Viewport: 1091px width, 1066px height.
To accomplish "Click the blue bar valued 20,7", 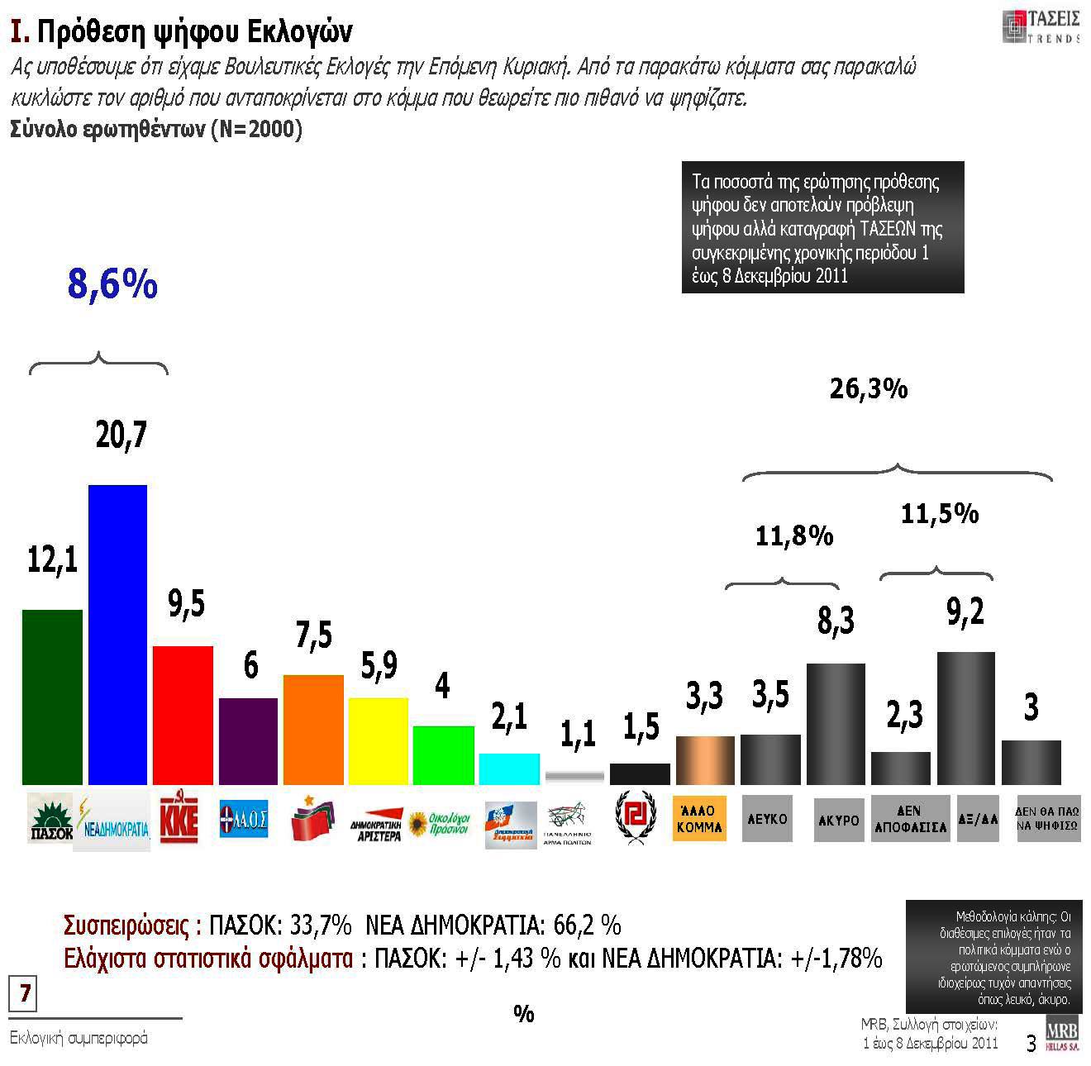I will point(117,635).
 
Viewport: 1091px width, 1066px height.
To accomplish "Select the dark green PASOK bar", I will point(52,697).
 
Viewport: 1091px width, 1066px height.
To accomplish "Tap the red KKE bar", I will point(183,715).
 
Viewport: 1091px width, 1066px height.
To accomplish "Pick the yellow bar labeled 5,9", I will point(378,741).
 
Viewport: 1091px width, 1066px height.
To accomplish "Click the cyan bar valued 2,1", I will point(509,769).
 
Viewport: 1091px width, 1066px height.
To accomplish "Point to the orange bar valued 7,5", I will point(313,730).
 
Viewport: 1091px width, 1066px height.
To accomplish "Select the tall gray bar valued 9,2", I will point(965,718).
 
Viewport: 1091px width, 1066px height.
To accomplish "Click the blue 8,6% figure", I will point(112,284).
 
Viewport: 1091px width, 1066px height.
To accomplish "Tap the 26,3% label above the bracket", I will point(869,388).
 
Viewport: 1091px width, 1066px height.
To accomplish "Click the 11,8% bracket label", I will point(794,536).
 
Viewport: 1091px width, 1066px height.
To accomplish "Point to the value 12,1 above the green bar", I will point(52,561).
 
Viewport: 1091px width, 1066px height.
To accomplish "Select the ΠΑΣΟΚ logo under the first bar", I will point(50,818).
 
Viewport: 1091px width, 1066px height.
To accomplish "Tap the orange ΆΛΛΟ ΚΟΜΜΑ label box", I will point(699,818).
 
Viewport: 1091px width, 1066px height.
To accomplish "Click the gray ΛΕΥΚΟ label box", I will point(767,819).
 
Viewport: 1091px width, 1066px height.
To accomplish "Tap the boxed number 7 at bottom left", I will point(25,993).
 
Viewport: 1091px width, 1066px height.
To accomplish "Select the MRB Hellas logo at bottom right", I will point(1062,1036).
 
